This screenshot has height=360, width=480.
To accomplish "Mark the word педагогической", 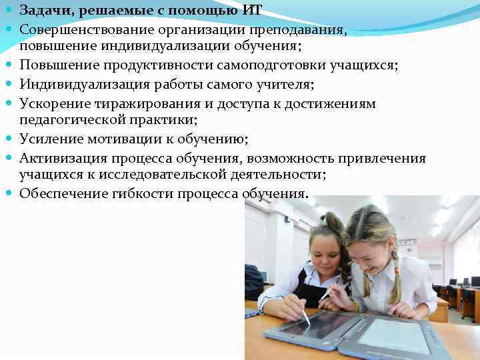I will click(x=67, y=120).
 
